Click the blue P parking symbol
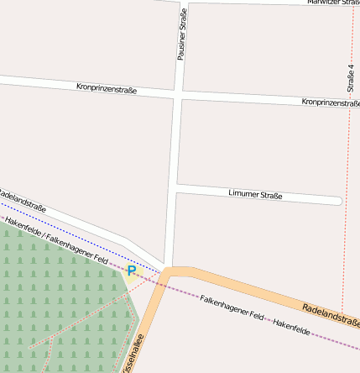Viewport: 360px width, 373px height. (132, 270)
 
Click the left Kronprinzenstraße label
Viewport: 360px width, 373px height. (107, 87)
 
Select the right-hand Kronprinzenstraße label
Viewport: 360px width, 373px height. (330, 102)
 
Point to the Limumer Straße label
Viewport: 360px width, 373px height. (255, 195)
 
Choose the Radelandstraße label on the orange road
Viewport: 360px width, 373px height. (331, 315)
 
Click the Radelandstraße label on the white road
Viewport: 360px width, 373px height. (20, 201)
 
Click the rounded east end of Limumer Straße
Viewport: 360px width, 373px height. (337, 201)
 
